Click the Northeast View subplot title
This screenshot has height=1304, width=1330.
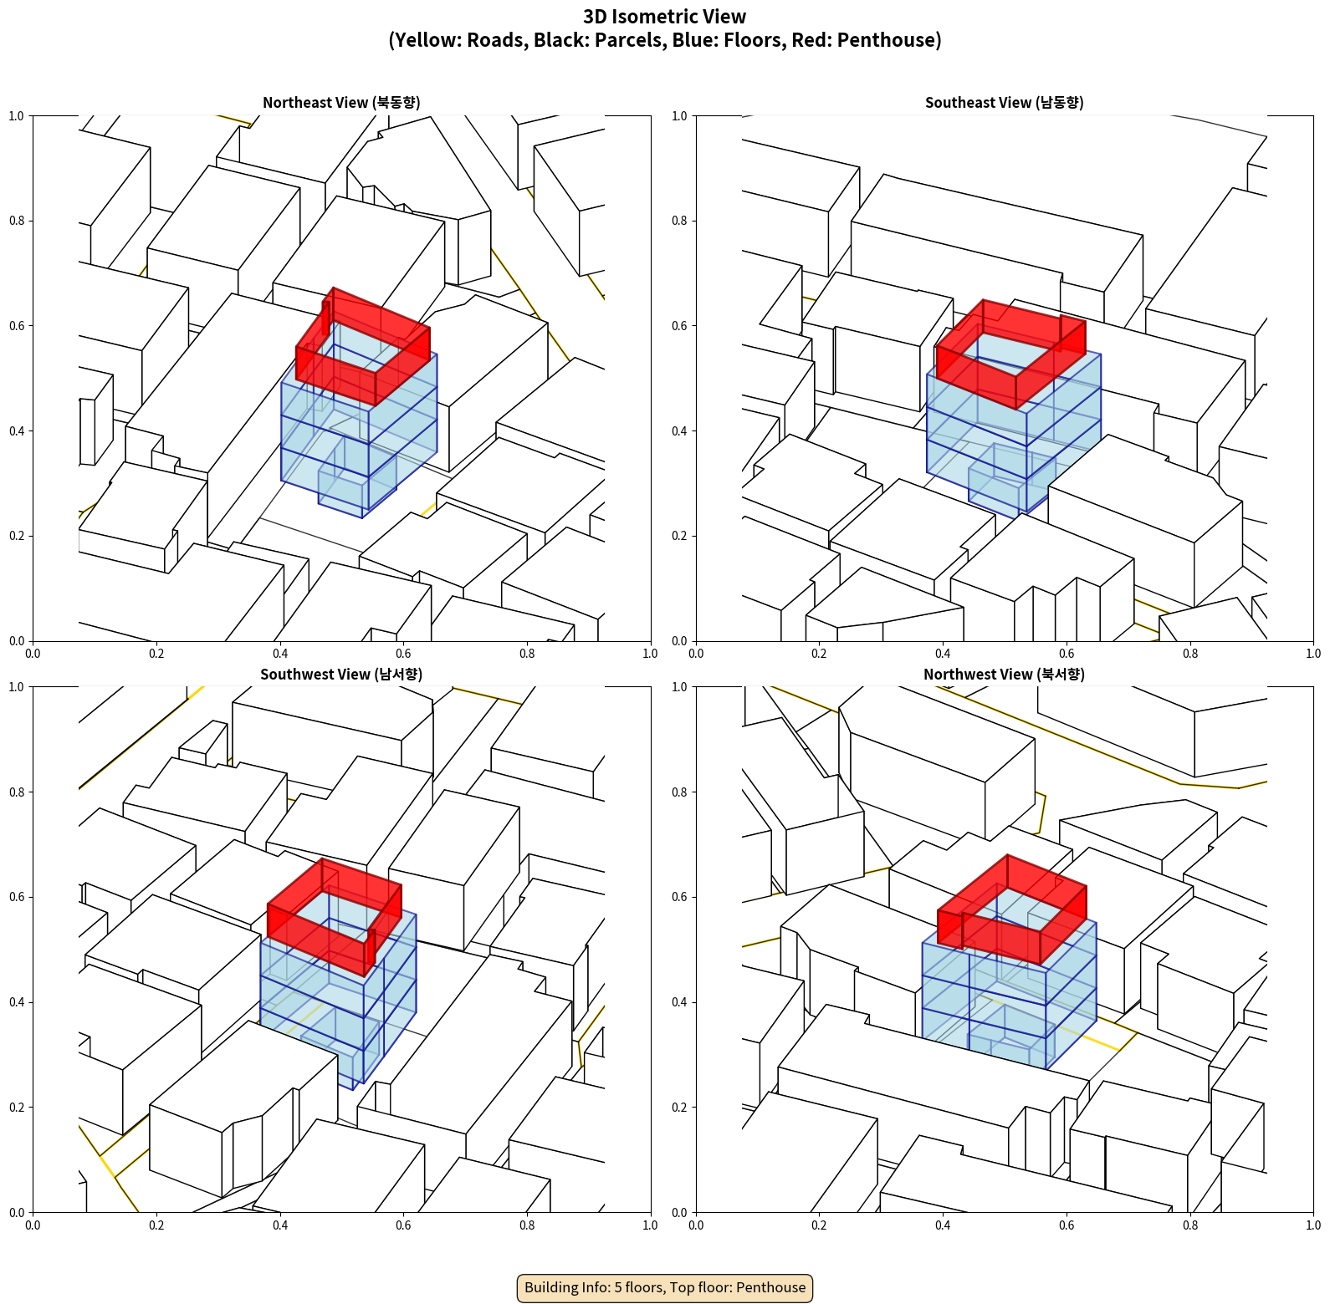(341, 102)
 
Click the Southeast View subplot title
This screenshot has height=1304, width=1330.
(1004, 102)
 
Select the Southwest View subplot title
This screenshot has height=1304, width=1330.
(341, 674)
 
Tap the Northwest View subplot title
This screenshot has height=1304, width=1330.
(1004, 674)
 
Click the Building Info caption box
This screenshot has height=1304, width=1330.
(665, 1287)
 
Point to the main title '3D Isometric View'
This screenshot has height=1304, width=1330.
(665, 17)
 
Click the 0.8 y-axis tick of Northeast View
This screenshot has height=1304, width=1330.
(17, 221)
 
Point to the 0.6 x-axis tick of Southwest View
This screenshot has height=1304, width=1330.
(403, 1225)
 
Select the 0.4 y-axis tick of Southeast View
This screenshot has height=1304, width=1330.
(679, 430)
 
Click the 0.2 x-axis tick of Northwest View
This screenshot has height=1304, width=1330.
(819, 1225)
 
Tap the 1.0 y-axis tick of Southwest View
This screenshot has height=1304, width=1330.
(17, 687)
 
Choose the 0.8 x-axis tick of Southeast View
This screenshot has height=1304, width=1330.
(1190, 654)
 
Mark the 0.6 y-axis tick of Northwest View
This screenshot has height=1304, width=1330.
(679, 897)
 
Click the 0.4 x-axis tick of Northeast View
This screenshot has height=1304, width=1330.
(280, 654)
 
